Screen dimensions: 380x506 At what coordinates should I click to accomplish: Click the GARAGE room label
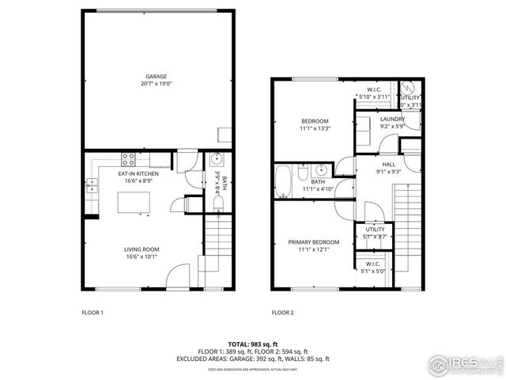click(155, 76)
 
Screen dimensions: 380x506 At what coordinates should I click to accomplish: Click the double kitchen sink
click(92, 186)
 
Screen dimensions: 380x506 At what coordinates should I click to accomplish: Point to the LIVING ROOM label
click(141, 249)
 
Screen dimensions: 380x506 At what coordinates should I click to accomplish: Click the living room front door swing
click(179, 277)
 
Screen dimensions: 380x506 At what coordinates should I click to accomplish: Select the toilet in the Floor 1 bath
click(218, 203)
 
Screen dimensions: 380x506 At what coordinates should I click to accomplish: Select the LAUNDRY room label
click(391, 119)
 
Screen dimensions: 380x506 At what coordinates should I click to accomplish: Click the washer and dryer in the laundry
click(364, 128)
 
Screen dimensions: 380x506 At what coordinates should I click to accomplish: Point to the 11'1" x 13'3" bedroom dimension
click(314, 128)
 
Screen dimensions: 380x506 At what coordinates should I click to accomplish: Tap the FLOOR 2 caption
click(282, 313)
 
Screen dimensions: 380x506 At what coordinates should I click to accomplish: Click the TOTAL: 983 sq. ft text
click(252, 344)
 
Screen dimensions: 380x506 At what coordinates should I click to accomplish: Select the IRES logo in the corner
click(463, 366)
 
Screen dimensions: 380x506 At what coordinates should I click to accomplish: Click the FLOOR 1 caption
click(93, 313)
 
